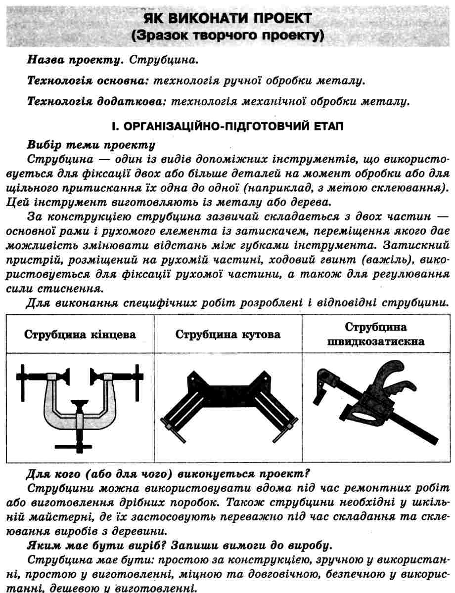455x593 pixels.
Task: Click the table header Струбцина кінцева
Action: (80, 335)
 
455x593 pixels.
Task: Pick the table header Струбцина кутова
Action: (228, 335)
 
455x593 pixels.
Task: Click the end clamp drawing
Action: (80, 405)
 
